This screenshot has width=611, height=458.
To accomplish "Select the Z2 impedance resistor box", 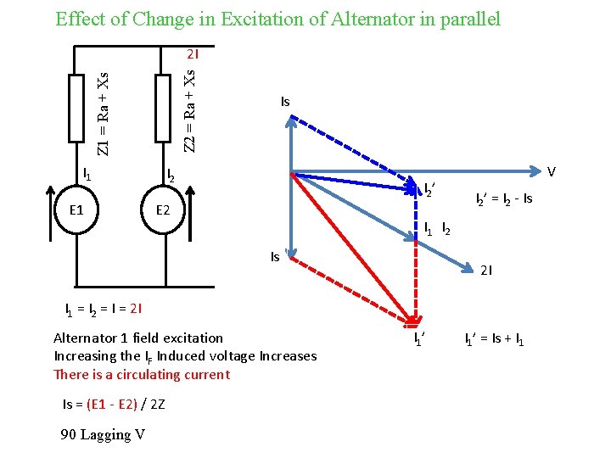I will pos(164,108).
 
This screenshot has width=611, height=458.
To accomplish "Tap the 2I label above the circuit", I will pos(193,57).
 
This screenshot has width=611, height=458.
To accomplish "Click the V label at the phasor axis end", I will pos(552,172).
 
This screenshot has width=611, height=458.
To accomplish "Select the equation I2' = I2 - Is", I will pos(503,199).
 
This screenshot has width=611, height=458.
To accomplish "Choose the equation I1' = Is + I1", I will pos(494,341).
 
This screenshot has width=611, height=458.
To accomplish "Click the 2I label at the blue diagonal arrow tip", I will pos(486,271).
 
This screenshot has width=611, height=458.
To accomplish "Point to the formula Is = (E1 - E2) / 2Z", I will pos(114,404).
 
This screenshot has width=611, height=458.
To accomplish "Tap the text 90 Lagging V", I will pos(103,434).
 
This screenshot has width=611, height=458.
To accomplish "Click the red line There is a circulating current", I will pos(141,374).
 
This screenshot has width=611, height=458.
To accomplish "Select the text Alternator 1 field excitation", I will pos(138,338).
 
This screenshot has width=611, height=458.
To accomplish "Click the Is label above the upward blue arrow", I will pos(285,102).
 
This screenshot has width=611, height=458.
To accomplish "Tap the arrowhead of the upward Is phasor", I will pos(291,120).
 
